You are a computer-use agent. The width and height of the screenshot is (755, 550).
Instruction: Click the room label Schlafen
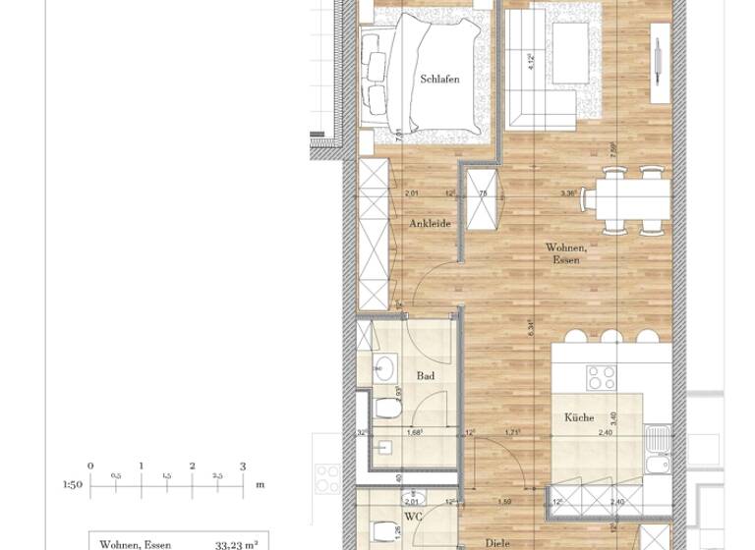coord(439,80)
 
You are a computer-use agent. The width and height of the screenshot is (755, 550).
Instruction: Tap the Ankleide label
coord(430,224)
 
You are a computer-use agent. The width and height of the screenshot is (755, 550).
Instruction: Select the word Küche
coord(579,417)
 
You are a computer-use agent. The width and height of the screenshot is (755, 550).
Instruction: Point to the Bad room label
coord(425,376)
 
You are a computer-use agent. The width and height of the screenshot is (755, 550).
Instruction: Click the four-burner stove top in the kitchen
coord(601,376)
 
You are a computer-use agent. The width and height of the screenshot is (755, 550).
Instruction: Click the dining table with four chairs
coord(622,199)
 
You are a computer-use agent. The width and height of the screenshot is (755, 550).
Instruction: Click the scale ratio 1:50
coord(72,484)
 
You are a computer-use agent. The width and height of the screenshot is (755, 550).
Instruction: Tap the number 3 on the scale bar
coord(243,466)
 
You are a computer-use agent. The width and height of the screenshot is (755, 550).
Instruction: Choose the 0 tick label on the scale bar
coord(90,466)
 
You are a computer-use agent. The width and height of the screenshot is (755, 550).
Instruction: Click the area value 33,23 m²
coord(236,544)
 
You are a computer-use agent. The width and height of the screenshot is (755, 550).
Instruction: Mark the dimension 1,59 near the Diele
coord(504,503)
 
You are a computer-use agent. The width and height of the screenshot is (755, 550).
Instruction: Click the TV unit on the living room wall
coord(658,59)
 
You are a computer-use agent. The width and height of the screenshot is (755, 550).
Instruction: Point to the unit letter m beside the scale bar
coord(260,484)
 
